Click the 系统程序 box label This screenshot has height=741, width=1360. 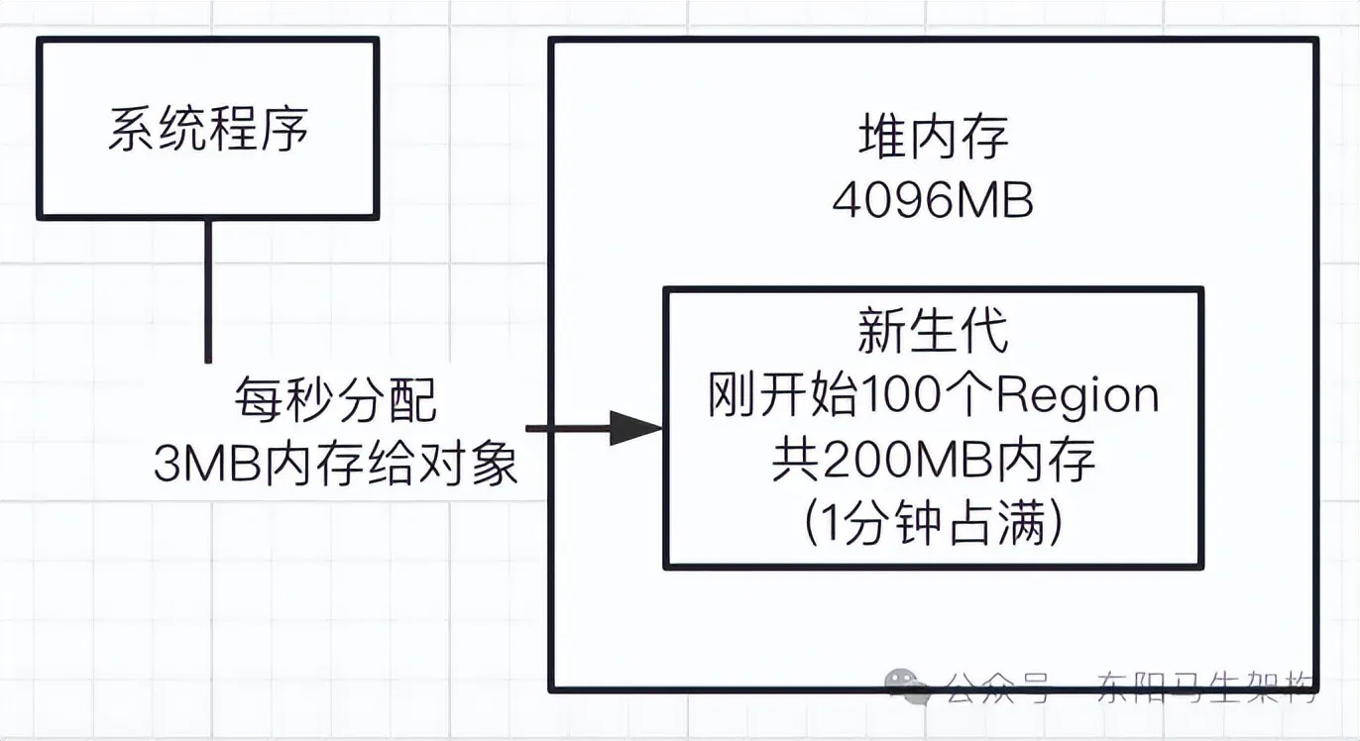pos(208,130)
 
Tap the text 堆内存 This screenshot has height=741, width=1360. pos(934,139)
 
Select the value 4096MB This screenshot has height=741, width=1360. pos(934,202)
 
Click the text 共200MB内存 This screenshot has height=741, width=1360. pos(934,462)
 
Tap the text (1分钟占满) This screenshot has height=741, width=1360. pos(934,524)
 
